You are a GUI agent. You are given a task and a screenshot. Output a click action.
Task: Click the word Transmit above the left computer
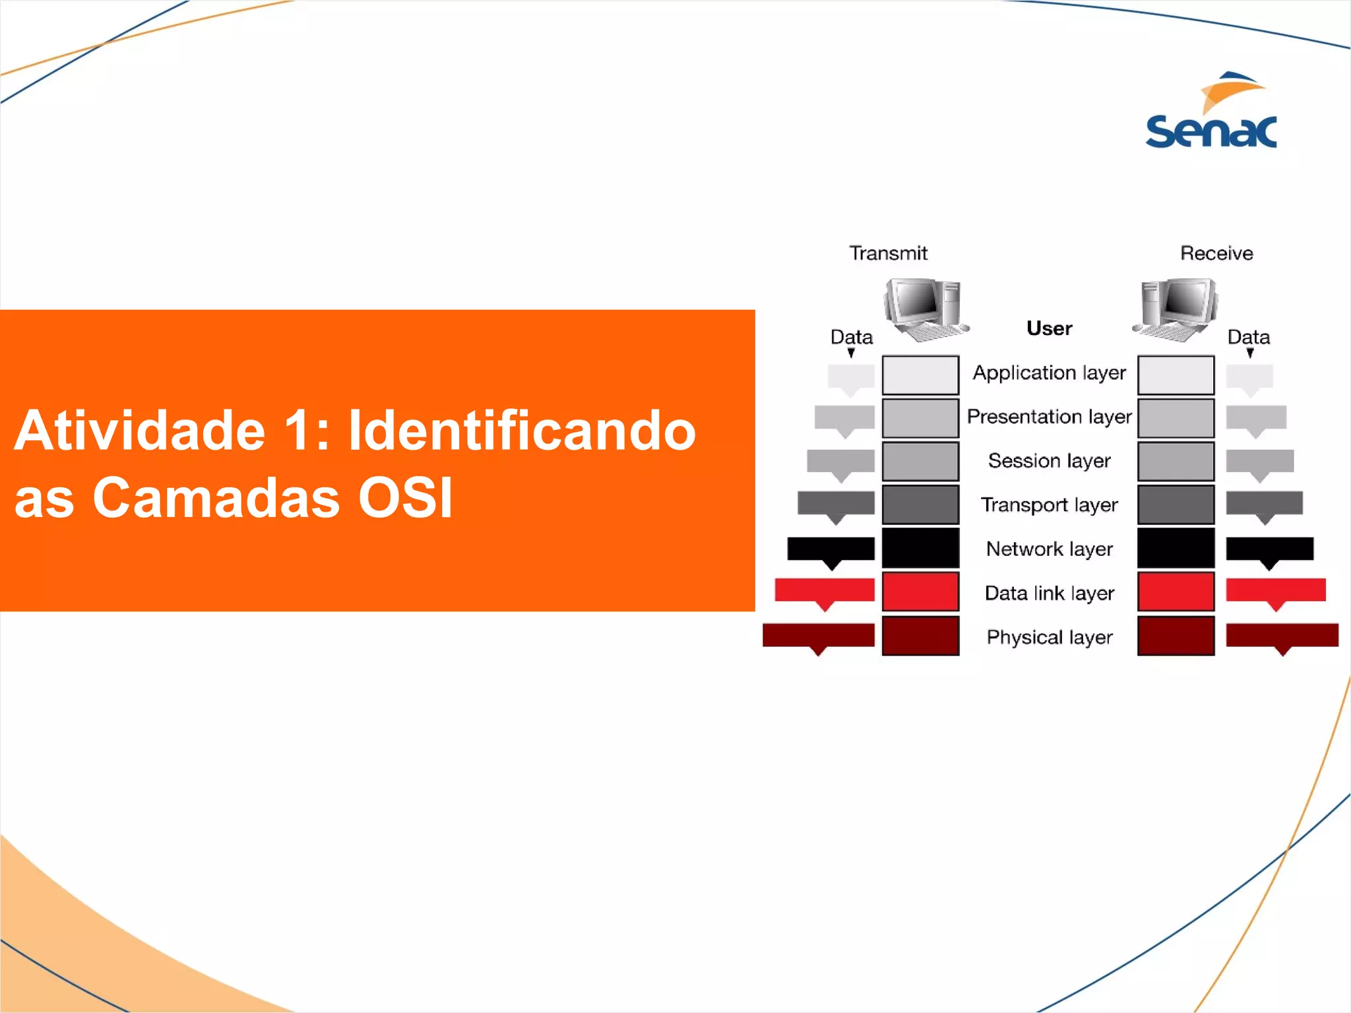(888, 253)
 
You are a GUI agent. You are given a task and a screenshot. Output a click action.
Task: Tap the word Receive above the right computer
(1216, 253)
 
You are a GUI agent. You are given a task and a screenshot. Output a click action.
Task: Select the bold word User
(1049, 328)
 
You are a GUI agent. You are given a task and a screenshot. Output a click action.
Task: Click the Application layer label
(1049, 373)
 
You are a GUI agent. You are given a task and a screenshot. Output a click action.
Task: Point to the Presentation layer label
(1049, 417)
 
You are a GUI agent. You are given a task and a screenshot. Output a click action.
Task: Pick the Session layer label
(1049, 461)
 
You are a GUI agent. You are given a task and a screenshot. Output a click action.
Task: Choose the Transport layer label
(1049, 505)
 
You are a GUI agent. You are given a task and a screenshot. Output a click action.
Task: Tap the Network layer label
(1049, 549)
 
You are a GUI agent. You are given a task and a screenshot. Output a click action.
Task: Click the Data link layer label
(1049, 594)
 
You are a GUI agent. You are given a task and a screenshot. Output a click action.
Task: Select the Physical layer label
(1049, 638)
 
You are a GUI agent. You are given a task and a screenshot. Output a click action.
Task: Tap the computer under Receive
(1177, 309)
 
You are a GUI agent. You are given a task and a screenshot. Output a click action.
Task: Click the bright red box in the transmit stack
(920, 592)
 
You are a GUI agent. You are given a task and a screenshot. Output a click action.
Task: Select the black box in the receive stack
(1176, 548)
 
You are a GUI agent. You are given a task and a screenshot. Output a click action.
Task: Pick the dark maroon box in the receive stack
(1176, 636)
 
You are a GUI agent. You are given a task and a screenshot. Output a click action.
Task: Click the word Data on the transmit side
(851, 337)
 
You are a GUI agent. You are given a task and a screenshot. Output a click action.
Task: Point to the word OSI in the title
(405, 497)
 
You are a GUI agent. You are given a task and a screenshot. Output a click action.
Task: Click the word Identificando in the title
(521, 430)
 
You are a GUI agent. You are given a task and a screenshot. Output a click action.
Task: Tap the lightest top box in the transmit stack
(920, 375)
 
